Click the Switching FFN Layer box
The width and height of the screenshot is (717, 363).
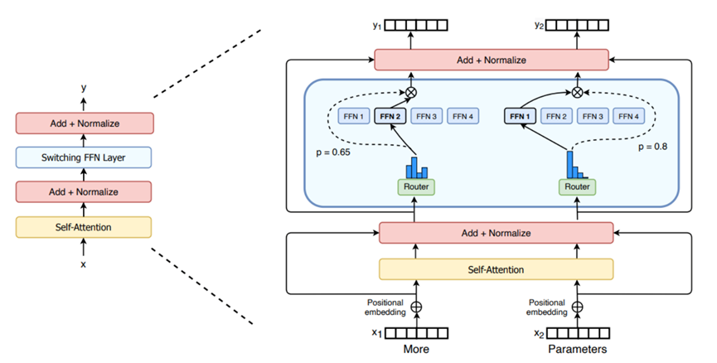[x=83, y=157]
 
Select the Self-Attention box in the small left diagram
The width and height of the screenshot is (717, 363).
[x=83, y=226]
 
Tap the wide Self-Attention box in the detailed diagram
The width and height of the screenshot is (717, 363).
[x=496, y=269]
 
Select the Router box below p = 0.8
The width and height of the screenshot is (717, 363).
[x=577, y=187]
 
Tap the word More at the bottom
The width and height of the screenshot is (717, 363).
[x=415, y=349]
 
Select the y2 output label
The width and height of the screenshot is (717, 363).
[x=539, y=25]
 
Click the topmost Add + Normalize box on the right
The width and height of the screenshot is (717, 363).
[x=492, y=60]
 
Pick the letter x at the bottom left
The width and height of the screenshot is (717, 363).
[x=82, y=264]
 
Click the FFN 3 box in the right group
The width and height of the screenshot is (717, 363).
[x=593, y=117]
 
